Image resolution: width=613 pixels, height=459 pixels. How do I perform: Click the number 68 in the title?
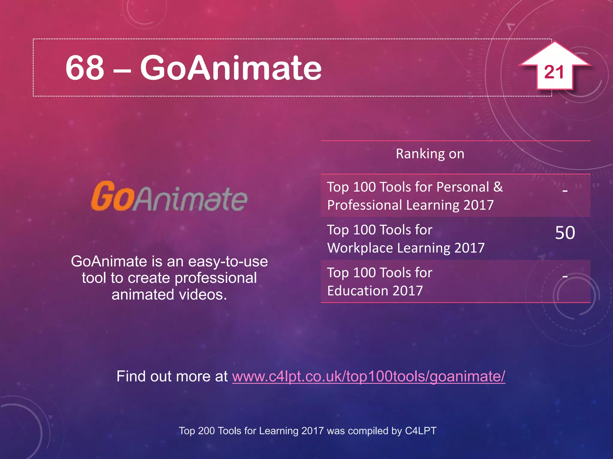click(x=85, y=68)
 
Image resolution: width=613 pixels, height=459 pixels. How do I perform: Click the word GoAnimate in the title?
click(x=230, y=68)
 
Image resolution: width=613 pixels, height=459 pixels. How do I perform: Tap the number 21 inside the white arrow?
click(x=554, y=72)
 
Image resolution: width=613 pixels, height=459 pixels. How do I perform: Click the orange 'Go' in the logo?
click(x=112, y=196)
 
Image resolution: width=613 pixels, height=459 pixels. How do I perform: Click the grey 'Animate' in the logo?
click(x=190, y=198)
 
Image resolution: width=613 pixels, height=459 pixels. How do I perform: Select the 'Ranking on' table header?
click(x=430, y=154)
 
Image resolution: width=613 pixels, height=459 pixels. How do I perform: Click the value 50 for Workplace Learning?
click(x=565, y=233)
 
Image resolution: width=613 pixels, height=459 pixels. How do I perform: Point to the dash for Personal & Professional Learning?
click(x=565, y=190)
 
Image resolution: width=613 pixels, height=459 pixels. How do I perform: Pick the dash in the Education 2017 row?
click(x=565, y=277)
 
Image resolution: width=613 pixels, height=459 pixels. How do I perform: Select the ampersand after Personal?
click(x=498, y=187)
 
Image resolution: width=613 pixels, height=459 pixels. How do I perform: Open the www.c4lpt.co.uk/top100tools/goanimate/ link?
click(x=368, y=376)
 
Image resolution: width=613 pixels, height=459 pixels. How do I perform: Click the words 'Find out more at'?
click(x=172, y=376)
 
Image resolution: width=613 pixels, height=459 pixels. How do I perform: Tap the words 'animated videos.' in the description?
click(x=169, y=295)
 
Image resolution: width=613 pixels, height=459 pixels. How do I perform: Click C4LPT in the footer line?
click(x=421, y=431)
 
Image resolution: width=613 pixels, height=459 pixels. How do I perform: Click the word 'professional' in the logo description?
click(x=216, y=278)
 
